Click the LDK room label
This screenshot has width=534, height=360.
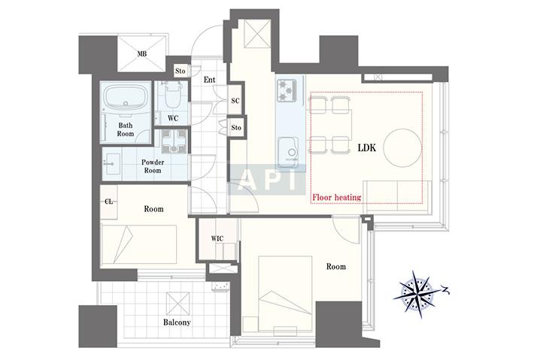[367, 147]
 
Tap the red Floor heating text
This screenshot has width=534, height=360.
[337, 198]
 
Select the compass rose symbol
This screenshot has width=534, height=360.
[417, 294]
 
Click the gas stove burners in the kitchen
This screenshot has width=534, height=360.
[287, 90]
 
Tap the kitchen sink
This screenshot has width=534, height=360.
[288, 153]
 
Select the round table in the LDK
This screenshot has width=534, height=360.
[402, 148]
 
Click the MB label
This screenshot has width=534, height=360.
[142, 54]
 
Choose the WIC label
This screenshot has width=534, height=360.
[217, 238]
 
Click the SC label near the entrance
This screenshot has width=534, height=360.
[235, 101]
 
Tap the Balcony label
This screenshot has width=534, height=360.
[177, 322]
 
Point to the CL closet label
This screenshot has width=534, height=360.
[108, 201]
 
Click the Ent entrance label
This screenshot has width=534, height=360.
[209, 80]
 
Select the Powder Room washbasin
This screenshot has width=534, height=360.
[111, 164]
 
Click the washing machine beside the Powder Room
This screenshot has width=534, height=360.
[174, 141]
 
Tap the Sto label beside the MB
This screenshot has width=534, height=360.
[181, 71]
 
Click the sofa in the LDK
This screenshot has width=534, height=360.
[397, 197]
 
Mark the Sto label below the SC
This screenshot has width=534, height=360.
[236, 128]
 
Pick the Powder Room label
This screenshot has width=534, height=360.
[153, 166]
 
